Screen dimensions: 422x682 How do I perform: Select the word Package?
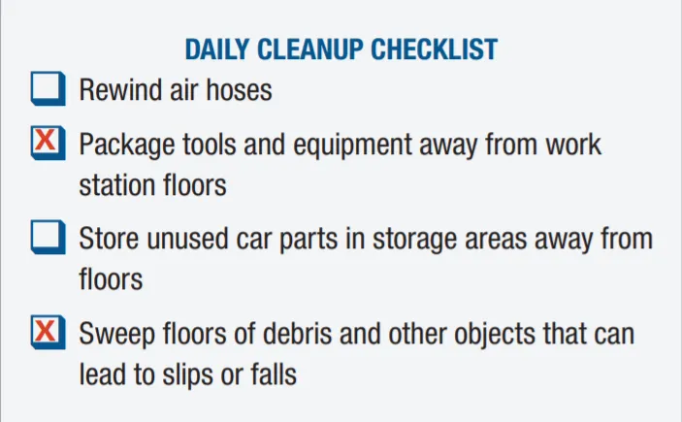coord(125,146)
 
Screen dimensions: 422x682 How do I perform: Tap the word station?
coord(114,184)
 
